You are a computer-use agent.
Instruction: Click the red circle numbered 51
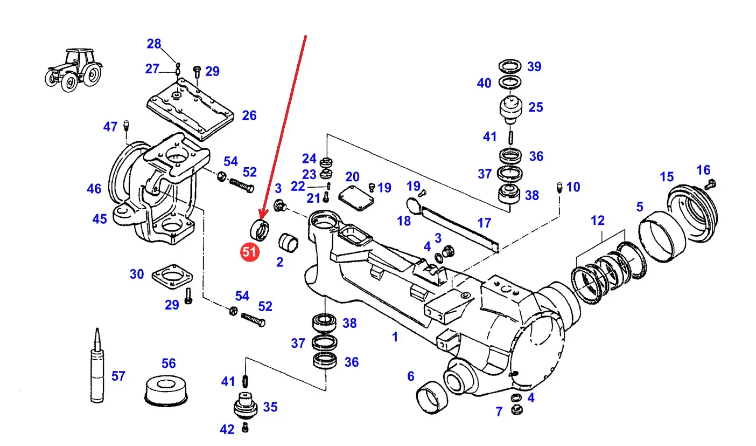(250, 252)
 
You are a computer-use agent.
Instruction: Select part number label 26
(249, 115)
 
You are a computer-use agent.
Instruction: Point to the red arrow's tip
(261, 216)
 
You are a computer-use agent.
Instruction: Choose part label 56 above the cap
(169, 363)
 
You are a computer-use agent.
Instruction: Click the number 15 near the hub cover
(666, 177)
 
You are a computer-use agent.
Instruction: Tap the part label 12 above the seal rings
(597, 220)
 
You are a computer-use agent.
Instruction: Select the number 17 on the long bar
(484, 222)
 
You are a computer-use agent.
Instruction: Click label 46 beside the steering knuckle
(94, 189)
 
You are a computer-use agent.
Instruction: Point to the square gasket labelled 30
(171, 277)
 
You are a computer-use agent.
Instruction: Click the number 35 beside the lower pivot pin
(270, 407)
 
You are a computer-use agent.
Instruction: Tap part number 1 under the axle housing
(395, 337)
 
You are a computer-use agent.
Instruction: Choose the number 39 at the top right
(534, 67)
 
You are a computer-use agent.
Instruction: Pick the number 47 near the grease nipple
(110, 127)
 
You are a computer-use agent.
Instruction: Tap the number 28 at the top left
(154, 44)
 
